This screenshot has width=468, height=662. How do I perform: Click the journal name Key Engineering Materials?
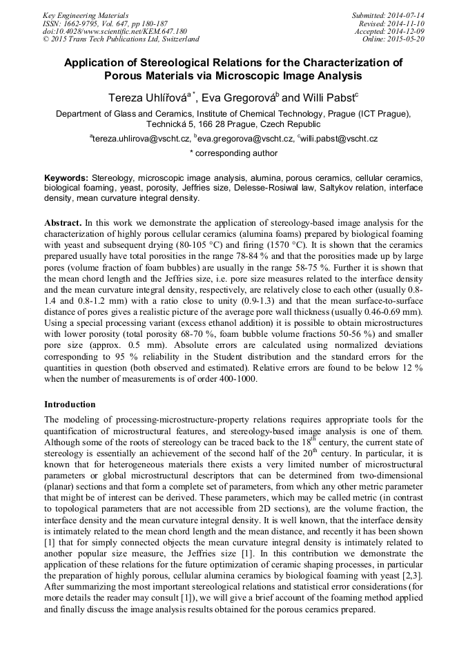pyautogui.click(x=86, y=14)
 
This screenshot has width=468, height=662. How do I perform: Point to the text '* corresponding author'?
pyautogui.click(x=233, y=153)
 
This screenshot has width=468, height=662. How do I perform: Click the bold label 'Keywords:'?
pyautogui.click(x=66, y=177)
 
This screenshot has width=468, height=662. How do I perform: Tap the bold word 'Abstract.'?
pyautogui.click(x=64, y=224)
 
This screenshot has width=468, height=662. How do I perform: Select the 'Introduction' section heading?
pyautogui.click(x=70, y=404)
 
